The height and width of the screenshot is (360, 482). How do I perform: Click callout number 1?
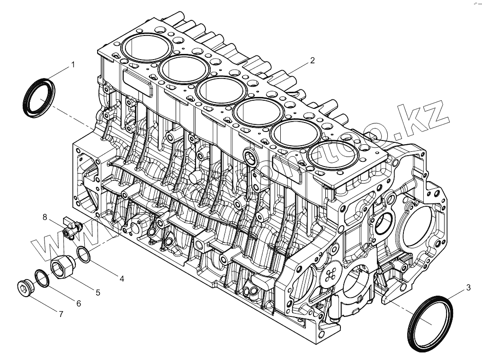click(73, 64)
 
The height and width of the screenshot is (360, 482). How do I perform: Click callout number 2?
click(312, 60)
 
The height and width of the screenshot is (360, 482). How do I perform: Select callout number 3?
click(468, 287)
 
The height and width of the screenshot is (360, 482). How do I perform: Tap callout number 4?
click(122, 279)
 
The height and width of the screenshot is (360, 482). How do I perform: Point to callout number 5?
click(98, 292)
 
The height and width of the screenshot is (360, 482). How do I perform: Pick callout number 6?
click(79, 303)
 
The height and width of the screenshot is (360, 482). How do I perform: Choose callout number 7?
click(61, 313)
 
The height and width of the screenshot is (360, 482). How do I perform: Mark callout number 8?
click(45, 217)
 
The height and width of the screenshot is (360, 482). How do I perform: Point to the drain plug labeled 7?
click(23, 287)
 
